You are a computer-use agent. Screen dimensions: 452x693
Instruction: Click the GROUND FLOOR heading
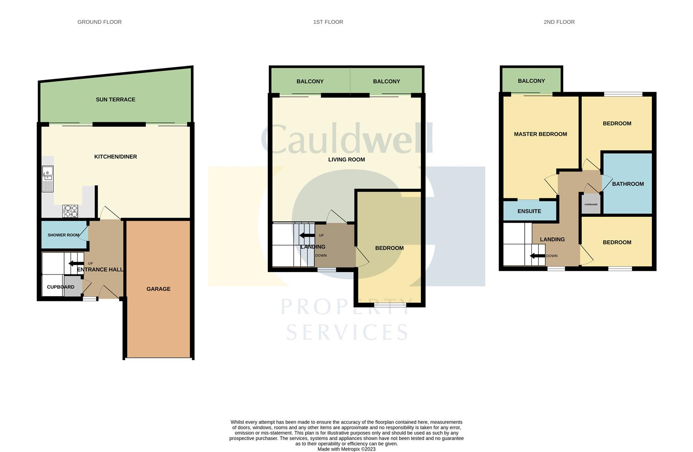(99, 22)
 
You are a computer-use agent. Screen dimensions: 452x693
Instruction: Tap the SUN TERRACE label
(115, 100)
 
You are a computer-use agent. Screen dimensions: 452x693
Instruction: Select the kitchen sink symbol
(47, 179)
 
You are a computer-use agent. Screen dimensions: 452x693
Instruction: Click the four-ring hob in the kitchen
(70, 211)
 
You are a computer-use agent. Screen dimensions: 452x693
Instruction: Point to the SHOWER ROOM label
(63, 235)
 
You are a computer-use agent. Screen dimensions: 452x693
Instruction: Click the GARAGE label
(158, 289)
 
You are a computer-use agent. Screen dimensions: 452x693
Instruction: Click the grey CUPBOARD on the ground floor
(73, 287)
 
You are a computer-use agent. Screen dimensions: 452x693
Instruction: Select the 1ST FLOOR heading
(328, 22)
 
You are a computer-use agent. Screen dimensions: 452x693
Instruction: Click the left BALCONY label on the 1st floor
(310, 82)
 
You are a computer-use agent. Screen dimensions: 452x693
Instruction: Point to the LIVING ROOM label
(346, 159)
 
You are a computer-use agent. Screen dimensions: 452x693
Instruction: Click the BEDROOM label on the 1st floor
(389, 248)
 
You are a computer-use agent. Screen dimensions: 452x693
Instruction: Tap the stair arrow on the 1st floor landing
(307, 235)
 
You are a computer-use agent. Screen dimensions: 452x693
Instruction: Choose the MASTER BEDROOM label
(540, 134)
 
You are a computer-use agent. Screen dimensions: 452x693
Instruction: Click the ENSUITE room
(529, 211)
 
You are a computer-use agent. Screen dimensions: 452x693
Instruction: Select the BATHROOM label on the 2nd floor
(628, 184)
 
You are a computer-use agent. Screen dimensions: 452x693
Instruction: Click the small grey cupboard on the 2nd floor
(591, 205)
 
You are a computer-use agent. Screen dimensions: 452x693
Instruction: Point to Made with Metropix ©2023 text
(346, 449)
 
